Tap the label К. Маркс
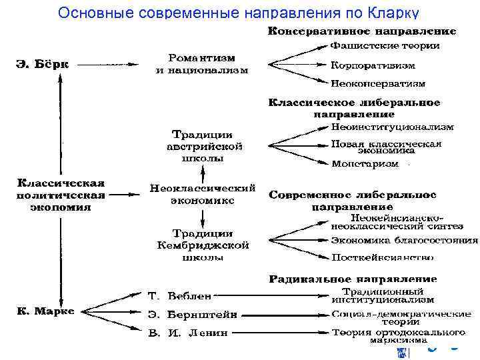click(x=45, y=311)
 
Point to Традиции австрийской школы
click(x=204, y=147)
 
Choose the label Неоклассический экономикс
click(x=203, y=195)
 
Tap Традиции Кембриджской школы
click(x=204, y=244)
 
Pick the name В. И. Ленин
click(x=187, y=331)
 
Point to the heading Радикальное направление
click(x=353, y=278)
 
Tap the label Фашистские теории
click(x=385, y=46)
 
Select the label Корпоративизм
click(x=373, y=65)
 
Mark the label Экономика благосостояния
click(x=404, y=240)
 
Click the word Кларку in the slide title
click(x=393, y=13)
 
